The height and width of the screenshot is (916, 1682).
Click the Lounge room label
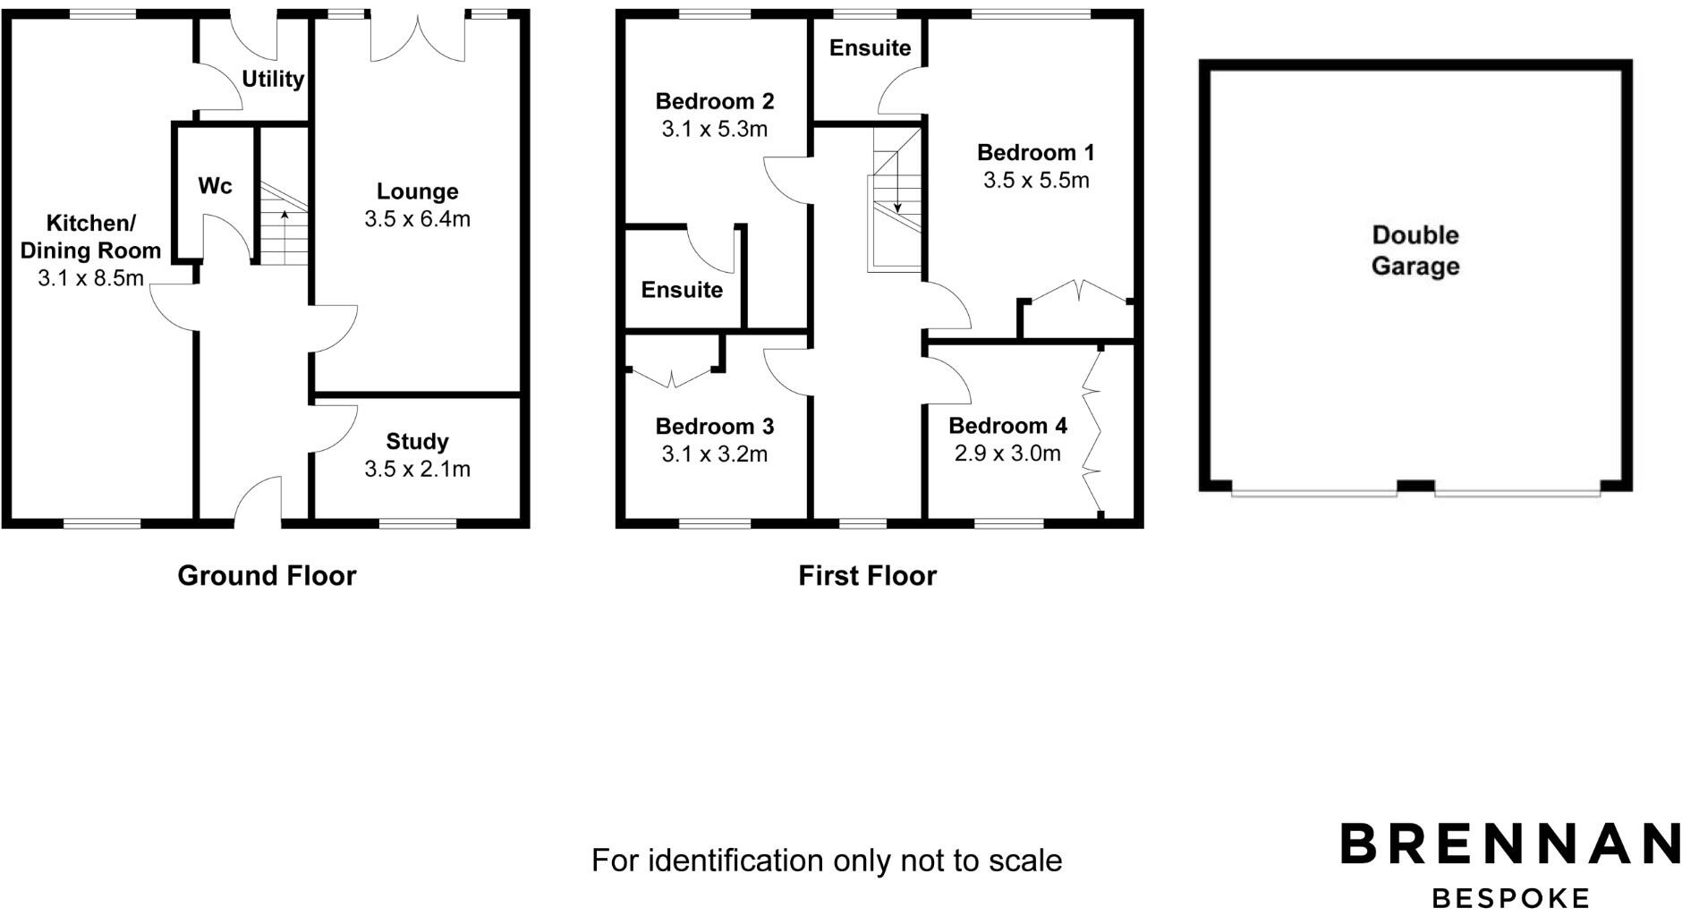tap(417, 191)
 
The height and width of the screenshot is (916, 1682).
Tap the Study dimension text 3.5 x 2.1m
tap(417, 469)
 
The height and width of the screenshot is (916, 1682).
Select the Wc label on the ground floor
tap(215, 186)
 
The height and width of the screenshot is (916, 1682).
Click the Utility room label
tap(273, 80)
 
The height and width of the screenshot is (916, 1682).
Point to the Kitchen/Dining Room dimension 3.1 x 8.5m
tap(90, 278)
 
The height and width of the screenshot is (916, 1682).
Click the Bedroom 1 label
tap(1035, 153)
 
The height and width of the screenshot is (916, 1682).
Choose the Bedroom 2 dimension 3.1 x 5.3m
tap(714, 129)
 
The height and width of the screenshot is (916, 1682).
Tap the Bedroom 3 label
tap(714, 427)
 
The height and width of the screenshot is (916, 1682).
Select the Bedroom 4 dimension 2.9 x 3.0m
tap(1007, 454)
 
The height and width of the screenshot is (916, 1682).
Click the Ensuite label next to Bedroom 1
tap(870, 48)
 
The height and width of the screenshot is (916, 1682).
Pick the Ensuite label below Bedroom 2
tap(682, 290)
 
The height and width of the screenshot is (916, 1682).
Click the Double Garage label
tap(1415, 250)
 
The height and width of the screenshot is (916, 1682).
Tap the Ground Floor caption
tap(267, 575)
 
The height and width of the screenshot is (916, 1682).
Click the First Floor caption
tap(867, 575)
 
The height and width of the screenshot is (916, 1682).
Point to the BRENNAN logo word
tap(1509, 844)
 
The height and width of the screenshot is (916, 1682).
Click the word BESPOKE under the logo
tap(1510, 897)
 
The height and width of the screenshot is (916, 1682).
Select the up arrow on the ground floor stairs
tap(285, 216)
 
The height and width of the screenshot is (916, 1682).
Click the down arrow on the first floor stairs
tap(896, 207)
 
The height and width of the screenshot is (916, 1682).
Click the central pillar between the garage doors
tap(1415, 486)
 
